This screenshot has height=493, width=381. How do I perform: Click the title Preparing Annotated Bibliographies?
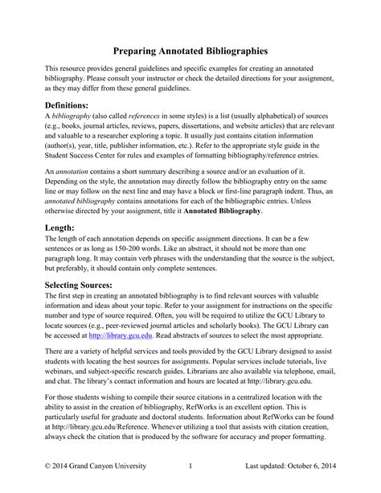pyautogui.click(x=190, y=50)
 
